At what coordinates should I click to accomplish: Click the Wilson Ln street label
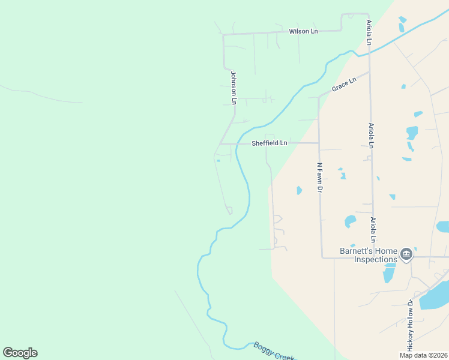coord(303,31)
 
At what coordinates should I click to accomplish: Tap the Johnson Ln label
coord(234,88)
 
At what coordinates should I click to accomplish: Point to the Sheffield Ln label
coord(270,143)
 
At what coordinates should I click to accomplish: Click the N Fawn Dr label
coord(320,177)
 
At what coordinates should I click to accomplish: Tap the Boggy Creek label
coord(273,351)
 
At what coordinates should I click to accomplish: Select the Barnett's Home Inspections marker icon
coord(406,255)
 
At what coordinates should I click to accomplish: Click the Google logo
coord(20,353)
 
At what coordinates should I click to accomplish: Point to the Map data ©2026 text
coord(423,355)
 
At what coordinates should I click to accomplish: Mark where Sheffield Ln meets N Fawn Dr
coord(319,143)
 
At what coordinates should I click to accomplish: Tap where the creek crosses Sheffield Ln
coord(238,144)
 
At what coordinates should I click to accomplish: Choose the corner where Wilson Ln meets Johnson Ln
coord(223,35)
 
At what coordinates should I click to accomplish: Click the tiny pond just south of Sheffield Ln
coord(218,160)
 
